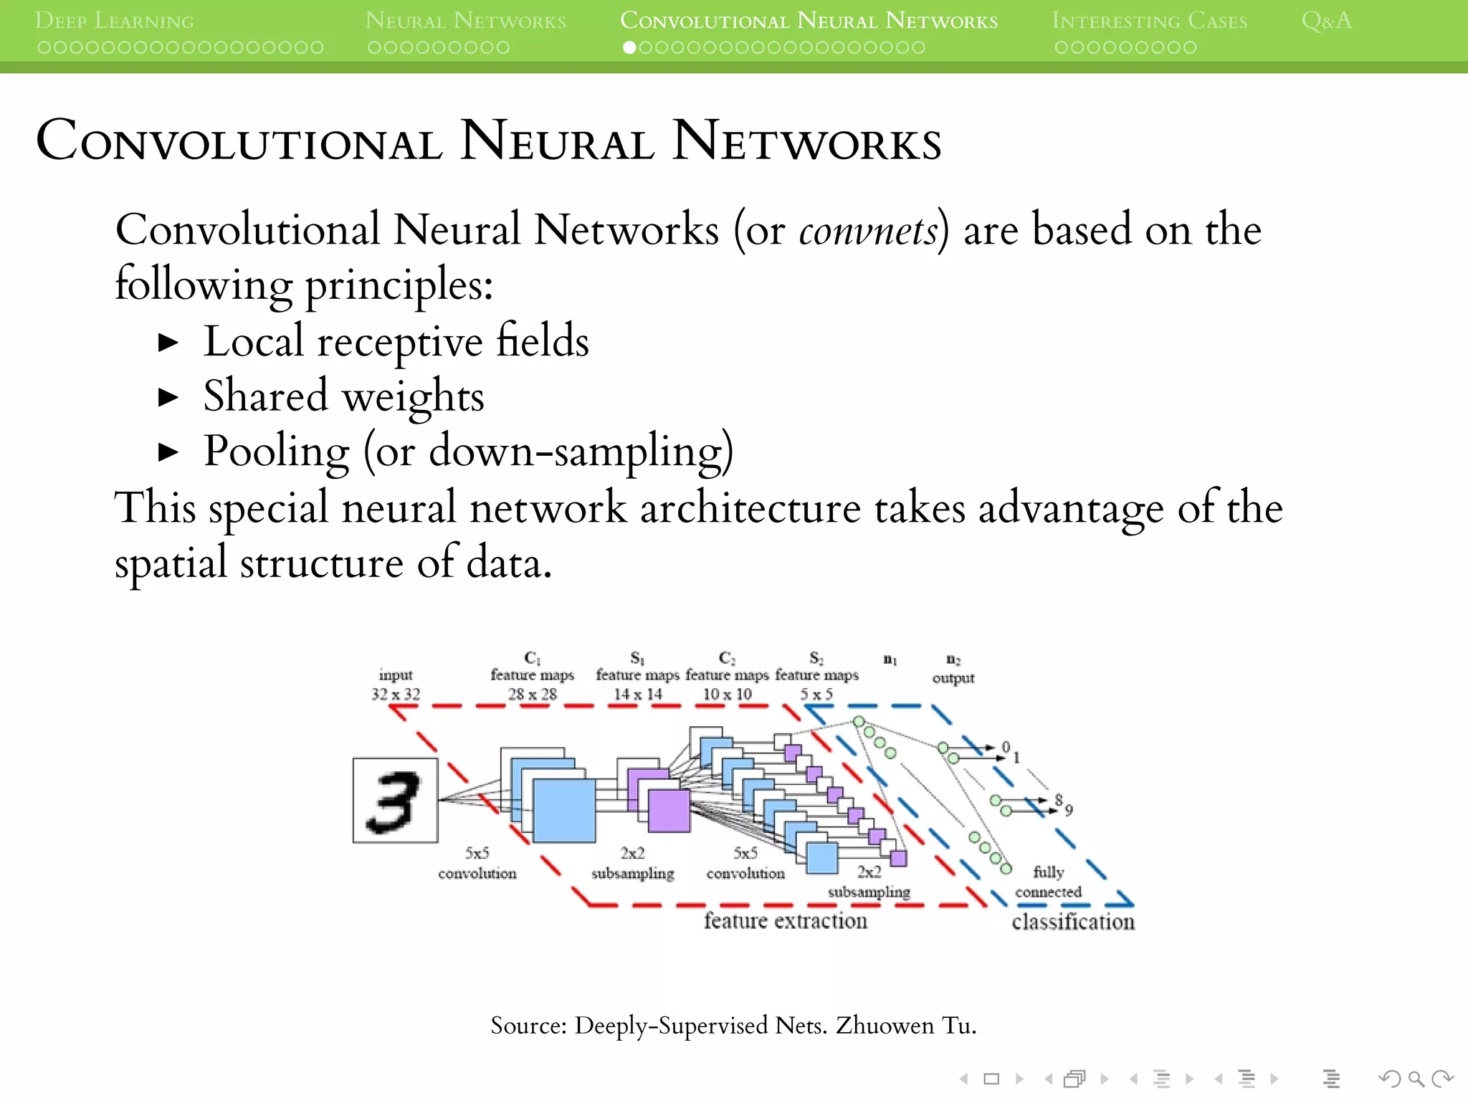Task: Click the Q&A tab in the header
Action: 1326,20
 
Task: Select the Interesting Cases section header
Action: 1149,20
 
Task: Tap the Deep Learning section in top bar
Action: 114,20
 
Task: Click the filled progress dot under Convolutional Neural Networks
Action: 629,47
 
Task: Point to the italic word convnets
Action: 868,231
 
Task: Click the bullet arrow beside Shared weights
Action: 168,397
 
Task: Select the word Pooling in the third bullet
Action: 276,452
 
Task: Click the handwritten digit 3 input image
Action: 395,800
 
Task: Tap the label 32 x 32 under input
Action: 396,694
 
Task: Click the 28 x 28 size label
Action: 532,694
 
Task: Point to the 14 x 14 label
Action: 637,694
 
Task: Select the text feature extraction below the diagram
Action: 785,920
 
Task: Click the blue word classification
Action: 1072,922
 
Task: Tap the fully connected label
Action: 1048,882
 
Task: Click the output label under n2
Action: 953,678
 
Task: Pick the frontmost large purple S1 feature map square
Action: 669,811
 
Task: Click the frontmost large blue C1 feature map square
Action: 564,811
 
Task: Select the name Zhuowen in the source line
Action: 885,1026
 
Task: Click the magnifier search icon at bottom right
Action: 1416,1079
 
